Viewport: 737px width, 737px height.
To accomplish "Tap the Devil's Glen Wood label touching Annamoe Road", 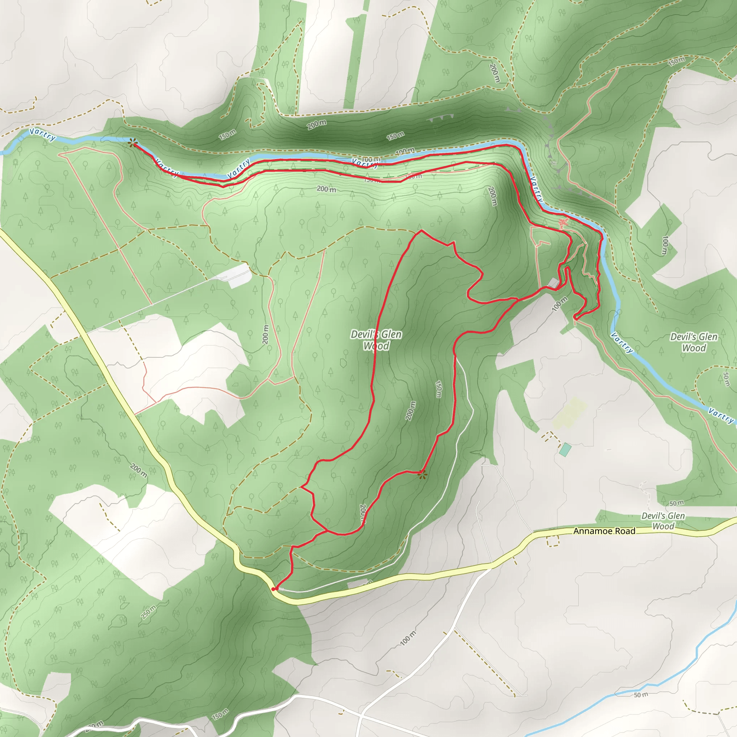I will (x=663, y=521).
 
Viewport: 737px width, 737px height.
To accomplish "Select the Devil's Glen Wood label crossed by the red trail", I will (x=376, y=340).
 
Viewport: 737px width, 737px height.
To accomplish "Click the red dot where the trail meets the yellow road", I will (x=273, y=589).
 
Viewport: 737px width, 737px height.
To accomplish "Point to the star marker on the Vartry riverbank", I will (x=132, y=143).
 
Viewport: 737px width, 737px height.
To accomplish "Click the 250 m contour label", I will (x=148, y=612).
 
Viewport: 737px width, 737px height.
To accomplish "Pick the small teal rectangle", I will (x=565, y=449).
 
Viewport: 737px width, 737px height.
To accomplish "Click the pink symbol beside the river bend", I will (x=563, y=223).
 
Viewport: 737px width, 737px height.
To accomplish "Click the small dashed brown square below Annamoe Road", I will (x=553, y=541).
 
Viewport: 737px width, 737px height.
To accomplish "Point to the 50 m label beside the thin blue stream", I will (x=641, y=695).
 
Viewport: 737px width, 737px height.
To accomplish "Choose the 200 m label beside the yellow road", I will (x=138, y=470).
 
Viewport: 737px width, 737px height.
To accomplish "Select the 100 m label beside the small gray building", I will (x=560, y=304).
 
